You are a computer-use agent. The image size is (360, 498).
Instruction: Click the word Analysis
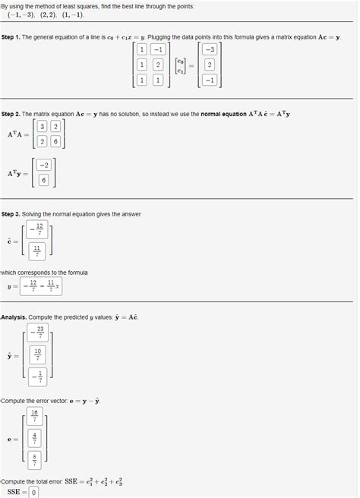14,317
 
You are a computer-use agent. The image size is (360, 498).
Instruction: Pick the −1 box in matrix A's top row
157,49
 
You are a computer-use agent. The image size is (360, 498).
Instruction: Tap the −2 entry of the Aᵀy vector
43,165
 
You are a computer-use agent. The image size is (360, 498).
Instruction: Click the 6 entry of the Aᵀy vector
43,180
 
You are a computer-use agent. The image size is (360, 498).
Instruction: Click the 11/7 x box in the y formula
52,286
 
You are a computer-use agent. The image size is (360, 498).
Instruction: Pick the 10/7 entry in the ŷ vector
38,353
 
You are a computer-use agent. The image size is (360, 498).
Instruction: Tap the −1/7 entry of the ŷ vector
38,375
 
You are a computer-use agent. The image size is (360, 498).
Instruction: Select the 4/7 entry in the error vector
35,437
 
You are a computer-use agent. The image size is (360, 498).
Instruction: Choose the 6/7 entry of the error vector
35,459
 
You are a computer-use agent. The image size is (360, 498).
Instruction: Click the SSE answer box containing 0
34,492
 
